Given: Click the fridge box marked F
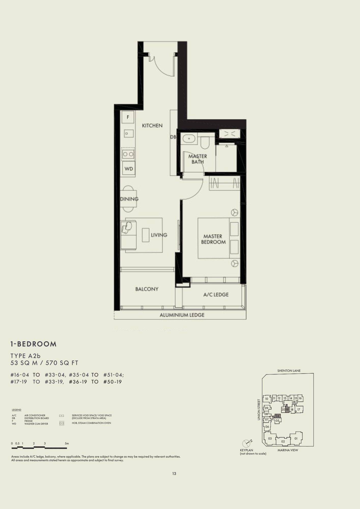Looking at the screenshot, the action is tap(128, 117).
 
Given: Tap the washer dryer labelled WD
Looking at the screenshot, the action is tap(129, 169).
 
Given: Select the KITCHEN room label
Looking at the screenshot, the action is tap(152, 125).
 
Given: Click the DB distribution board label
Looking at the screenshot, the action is tap(173, 137).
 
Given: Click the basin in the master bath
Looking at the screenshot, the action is tap(189, 139).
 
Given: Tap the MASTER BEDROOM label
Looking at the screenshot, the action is tap(213, 239).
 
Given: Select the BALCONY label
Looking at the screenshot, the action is tap(147, 289).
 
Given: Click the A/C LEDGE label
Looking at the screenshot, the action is tap(216, 294).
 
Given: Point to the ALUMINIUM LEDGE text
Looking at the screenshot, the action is tap(182, 315).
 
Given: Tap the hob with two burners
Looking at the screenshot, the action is tap(128, 154).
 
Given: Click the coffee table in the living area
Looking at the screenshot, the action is tap(145, 235).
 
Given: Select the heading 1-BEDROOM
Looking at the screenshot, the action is tap(34, 344).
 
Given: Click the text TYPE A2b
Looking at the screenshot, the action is tap(26, 356).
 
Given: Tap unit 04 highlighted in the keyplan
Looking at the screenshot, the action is tap(277, 416).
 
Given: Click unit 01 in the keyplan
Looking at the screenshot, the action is tap(296, 439).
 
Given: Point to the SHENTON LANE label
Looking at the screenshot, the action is tap(289, 371).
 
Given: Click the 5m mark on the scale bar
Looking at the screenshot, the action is tap(67, 443).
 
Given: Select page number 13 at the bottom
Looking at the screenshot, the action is tap(174, 474).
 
